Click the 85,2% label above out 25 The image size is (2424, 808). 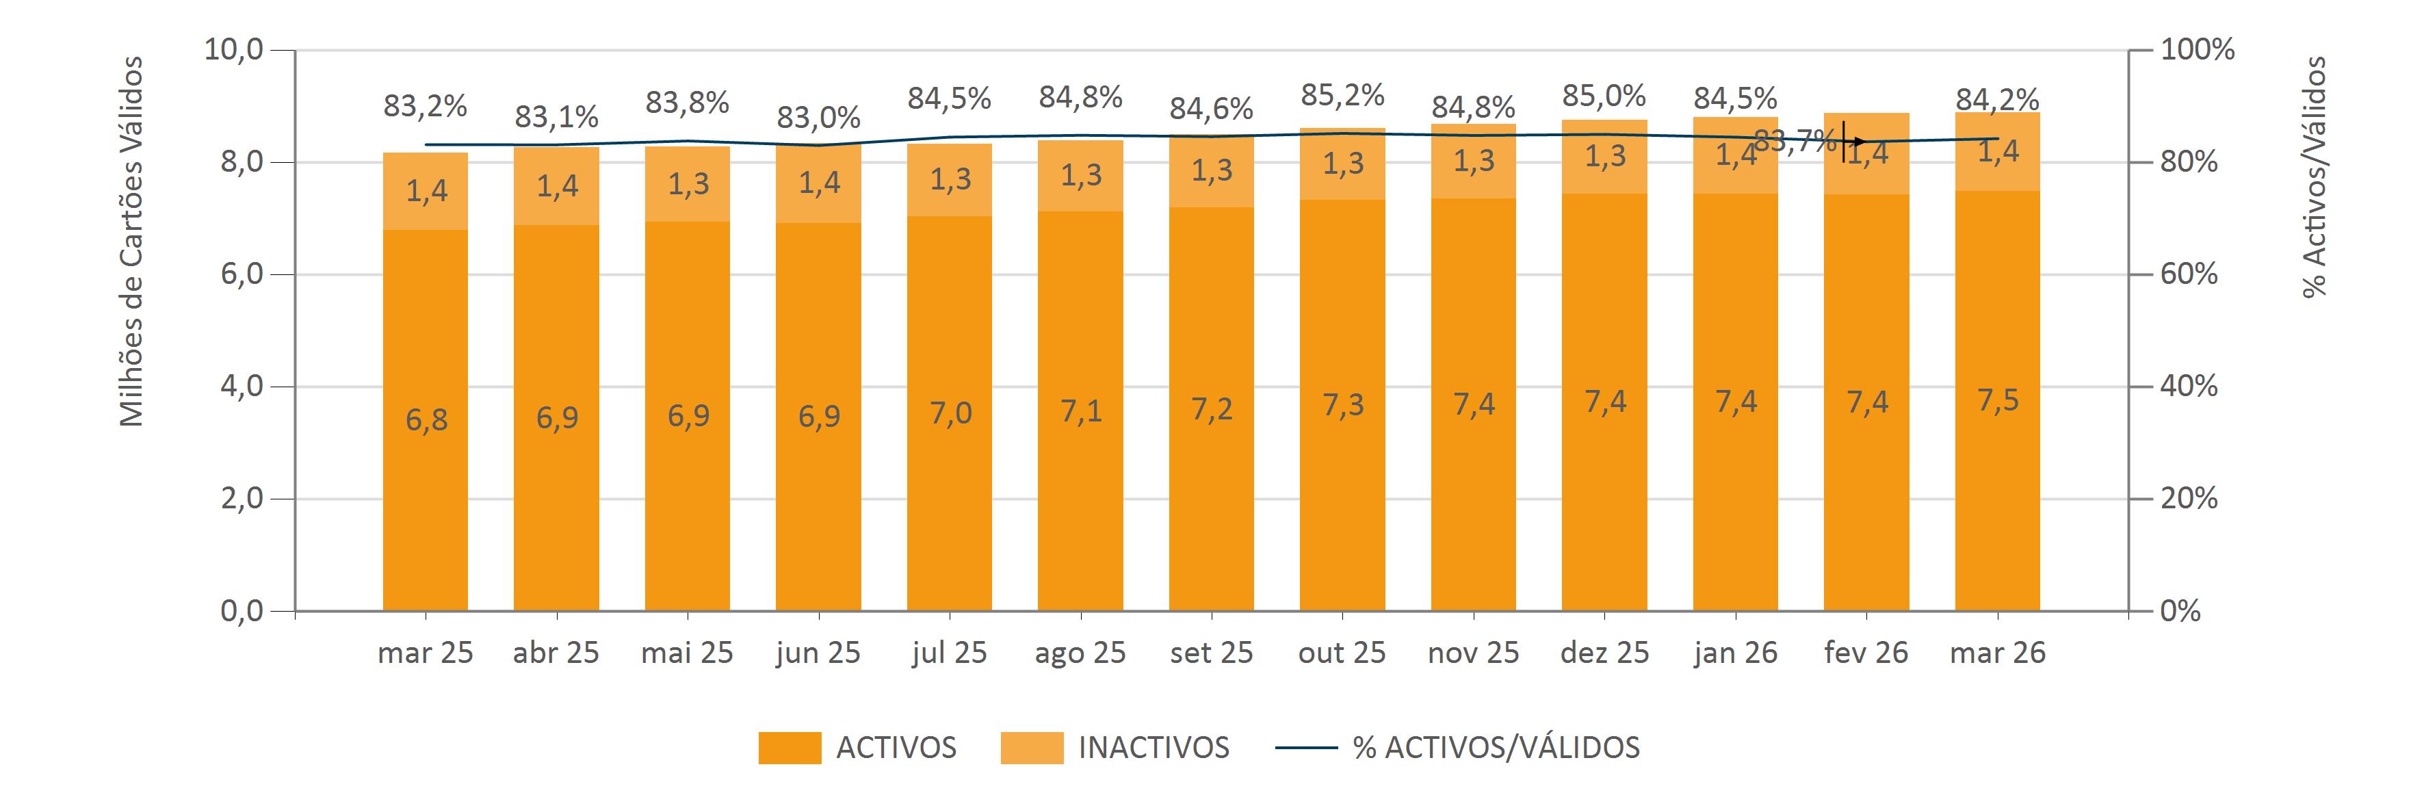click(1342, 95)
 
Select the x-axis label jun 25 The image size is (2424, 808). click(818, 653)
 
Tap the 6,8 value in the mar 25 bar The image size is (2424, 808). click(426, 419)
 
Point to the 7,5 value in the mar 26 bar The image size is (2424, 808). click(1998, 401)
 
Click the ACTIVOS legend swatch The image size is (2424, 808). click(790, 748)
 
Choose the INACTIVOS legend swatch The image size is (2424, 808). click(1031, 748)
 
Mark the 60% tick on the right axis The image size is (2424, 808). click(2189, 274)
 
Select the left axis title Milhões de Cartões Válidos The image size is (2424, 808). click(132, 242)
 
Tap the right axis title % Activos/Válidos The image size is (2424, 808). click(2314, 177)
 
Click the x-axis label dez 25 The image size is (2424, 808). click(1604, 653)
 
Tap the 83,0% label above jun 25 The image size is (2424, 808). click(818, 118)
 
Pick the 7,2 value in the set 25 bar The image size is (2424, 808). click(1211, 409)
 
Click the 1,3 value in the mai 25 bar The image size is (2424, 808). click(688, 184)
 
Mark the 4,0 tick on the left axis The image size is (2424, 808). click(242, 387)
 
